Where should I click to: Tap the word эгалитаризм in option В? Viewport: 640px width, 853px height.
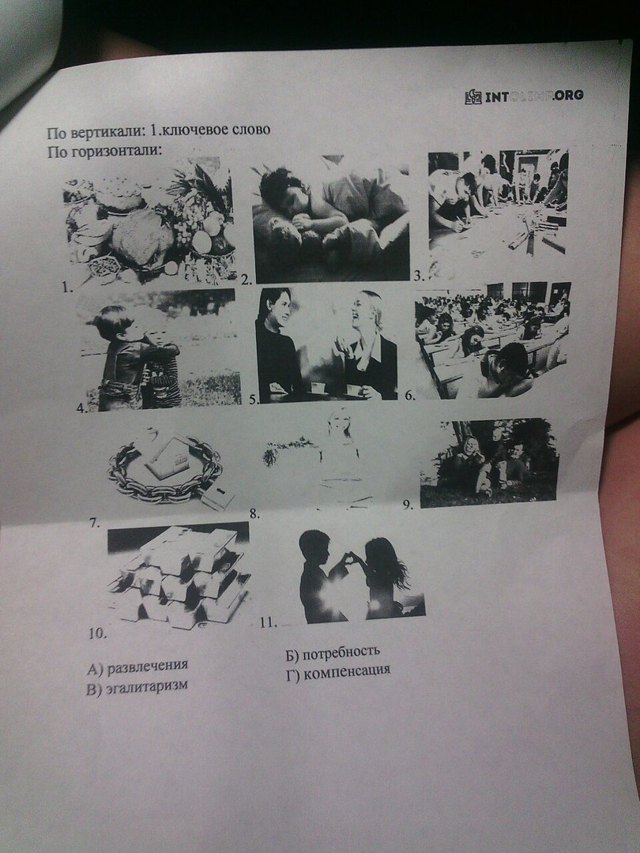click(147, 686)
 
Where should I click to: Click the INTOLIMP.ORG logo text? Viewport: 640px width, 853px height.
click(534, 96)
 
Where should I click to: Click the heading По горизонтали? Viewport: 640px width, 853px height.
click(104, 151)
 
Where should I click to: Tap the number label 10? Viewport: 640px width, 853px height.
click(97, 633)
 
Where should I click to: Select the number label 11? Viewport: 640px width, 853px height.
click(268, 622)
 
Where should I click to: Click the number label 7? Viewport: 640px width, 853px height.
click(95, 524)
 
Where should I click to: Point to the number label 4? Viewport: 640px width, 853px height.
click(82, 408)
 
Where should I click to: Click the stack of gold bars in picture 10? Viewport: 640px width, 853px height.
click(179, 577)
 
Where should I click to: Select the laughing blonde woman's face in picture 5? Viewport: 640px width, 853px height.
click(363, 310)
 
